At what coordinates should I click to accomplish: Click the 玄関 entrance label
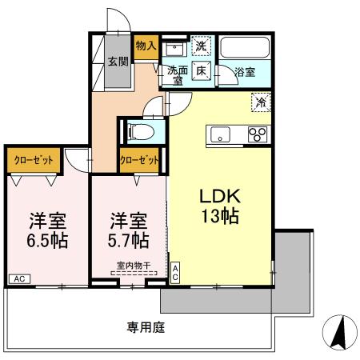coord(117,62)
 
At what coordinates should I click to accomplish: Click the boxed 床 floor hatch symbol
coord(202,70)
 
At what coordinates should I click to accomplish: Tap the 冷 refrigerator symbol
coord(259,102)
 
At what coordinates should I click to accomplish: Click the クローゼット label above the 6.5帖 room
coord(34,160)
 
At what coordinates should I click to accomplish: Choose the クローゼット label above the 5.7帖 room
coord(138,160)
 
